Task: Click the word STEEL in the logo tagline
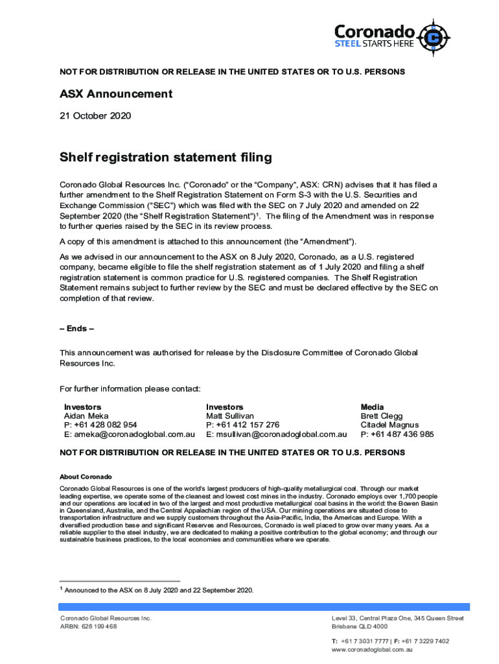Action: (x=348, y=44)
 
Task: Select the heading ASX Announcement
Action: (x=116, y=94)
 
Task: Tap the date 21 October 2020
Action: (x=95, y=116)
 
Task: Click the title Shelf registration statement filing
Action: (x=165, y=158)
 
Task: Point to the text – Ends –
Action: (x=76, y=329)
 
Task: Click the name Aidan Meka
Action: (x=86, y=416)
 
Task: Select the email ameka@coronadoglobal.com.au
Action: (x=129, y=434)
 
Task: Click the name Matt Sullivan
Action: (x=230, y=416)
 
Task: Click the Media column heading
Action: (x=372, y=407)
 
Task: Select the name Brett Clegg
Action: (x=382, y=416)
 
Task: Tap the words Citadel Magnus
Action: (x=389, y=425)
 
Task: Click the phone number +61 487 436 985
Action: (x=401, y=434)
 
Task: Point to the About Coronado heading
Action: (x=86, y=477)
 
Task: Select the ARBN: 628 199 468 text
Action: (x=89, y=627)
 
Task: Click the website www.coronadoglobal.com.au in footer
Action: (x=372, y=650)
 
